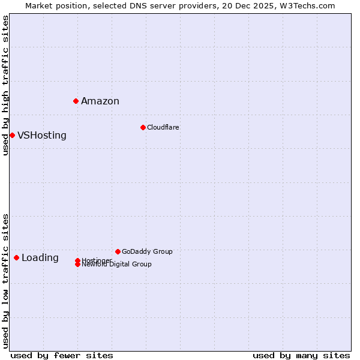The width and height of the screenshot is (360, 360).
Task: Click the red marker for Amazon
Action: tap(76, 101)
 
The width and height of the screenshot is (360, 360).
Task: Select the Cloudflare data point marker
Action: tap(143, 127)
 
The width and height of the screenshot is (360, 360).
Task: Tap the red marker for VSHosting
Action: tap(12, 135)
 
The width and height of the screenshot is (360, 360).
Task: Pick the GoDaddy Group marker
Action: tap(118, 251)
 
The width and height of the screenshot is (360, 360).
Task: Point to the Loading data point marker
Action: tap(16, 257)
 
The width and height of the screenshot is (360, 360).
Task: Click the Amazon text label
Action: tap(100, 101)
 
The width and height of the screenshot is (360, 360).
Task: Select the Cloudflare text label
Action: tap(163, 127)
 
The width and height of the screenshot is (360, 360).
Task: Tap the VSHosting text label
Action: tap(42, 135)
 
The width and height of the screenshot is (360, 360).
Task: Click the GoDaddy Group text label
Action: tap(147, 251)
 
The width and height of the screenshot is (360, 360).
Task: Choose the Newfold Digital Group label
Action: tap(117, 265)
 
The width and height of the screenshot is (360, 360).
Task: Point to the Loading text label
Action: tap(40, 258)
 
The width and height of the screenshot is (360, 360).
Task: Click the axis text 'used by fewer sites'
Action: tap(62, 355)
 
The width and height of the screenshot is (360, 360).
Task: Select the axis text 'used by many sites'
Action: tap(301, 355)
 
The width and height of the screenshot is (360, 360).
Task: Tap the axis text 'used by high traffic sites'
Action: tap(5, 85)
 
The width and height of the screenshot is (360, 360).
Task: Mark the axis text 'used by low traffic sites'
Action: tap(5, 281)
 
